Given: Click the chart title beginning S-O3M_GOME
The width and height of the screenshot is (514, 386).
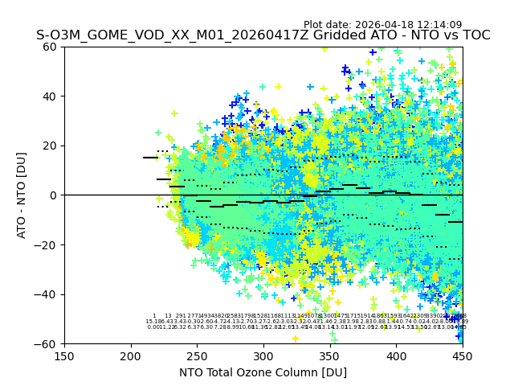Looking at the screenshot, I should click(263, 35).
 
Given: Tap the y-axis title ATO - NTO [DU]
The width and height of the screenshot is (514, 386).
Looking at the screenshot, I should click(22, 195).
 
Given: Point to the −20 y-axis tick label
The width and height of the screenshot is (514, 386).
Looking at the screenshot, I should click(47, 244).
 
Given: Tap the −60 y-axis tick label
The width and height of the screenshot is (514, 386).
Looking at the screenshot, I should click(47, 343).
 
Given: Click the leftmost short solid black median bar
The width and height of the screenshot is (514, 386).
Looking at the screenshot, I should click(150, 158).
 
